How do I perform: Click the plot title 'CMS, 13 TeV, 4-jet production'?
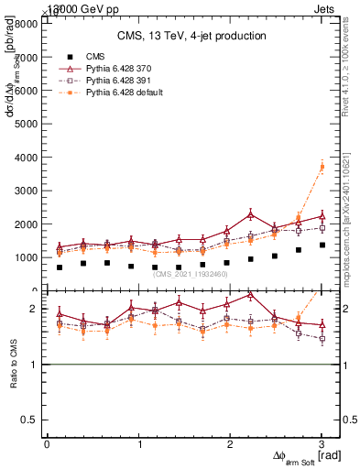pos(191,36)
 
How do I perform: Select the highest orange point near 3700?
pos(322,166)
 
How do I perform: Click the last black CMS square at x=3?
pos(322,245)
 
